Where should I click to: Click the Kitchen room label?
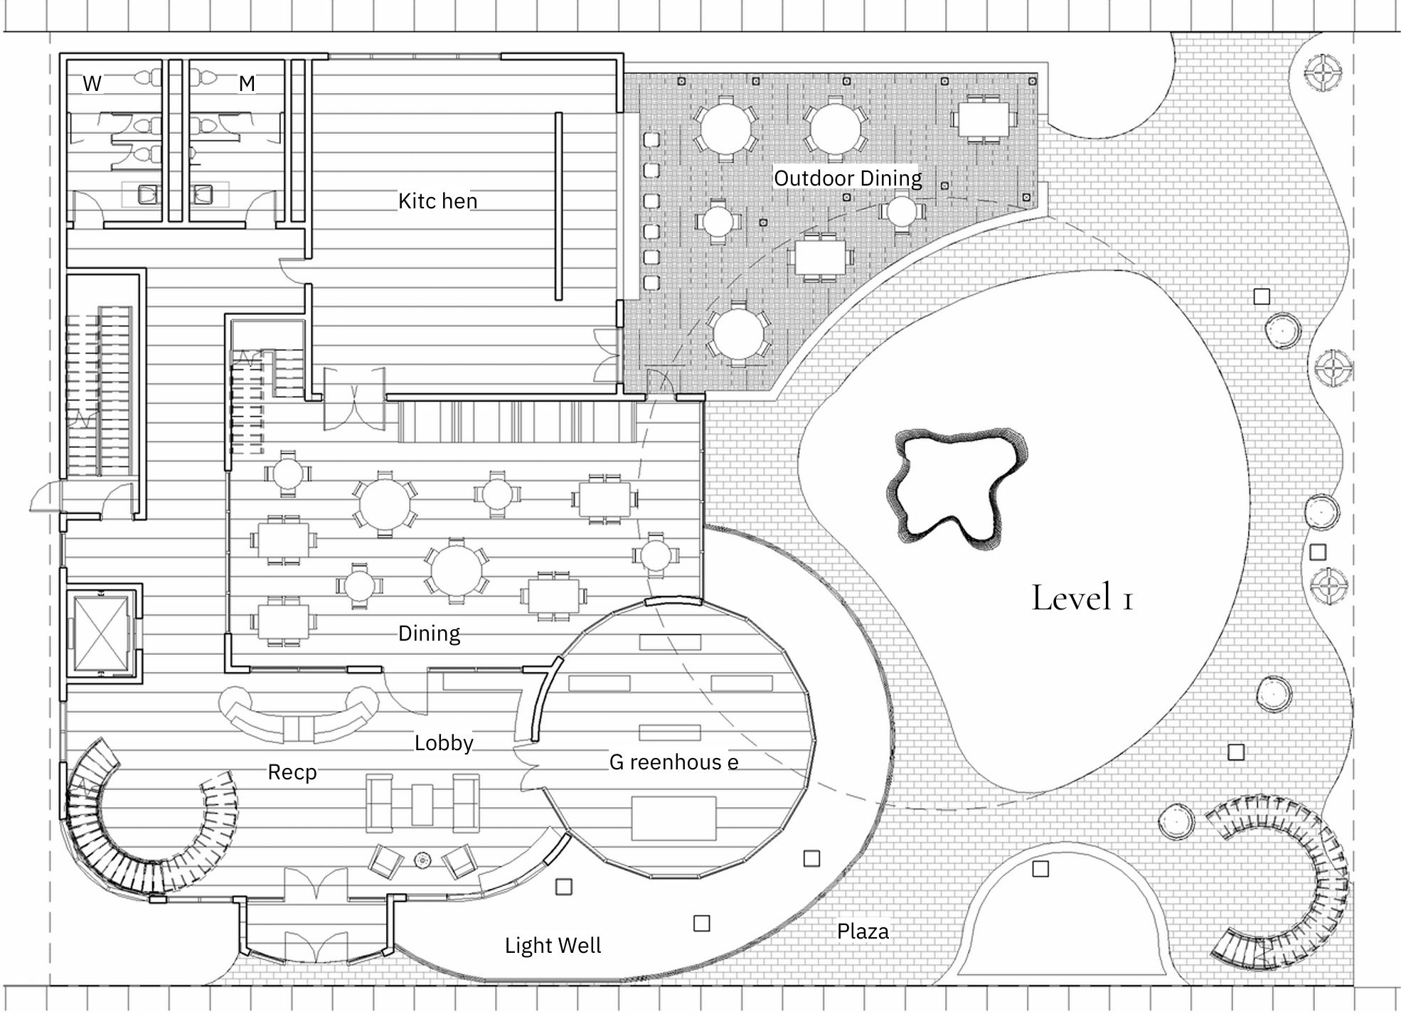point(437,201)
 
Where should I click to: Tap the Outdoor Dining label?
point(848,178)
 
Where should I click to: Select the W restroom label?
point(92,83)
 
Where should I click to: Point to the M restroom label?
point(247,84)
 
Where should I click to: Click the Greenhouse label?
point(673,762)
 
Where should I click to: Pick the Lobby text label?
point(444,743)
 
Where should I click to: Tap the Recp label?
point(292,772)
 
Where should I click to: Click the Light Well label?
point(553,946)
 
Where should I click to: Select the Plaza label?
point(863,932)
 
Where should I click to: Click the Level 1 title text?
point(1082,598)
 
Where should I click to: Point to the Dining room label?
point(429,634)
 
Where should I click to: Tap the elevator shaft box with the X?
point(102,634)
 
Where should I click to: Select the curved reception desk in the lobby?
point(299,717)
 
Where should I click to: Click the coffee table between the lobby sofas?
point(422,804)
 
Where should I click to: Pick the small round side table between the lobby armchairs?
point(422,860)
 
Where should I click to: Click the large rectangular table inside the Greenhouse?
point(673,819)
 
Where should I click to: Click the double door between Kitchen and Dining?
point(354,400)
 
